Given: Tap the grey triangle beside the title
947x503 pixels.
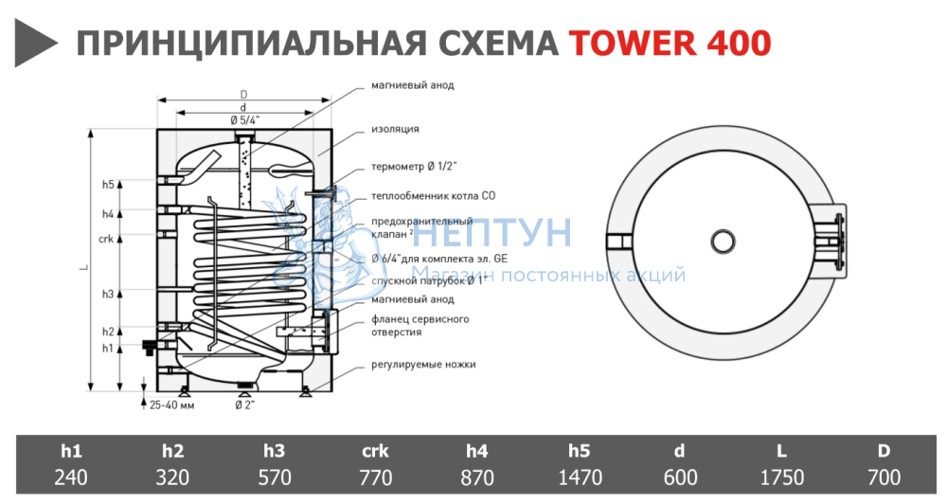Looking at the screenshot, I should [x=34, y=43].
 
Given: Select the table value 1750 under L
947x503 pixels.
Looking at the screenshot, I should [x=781, y=477].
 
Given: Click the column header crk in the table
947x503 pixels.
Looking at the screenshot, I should [x=376, y=452].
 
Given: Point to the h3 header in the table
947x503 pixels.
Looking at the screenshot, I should [x=275, y=452].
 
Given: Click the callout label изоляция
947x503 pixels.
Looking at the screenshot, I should [x=394, y=128].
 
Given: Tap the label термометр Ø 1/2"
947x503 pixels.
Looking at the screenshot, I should [x=413, y=168].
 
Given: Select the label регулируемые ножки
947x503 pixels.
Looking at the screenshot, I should [x=423, y=364].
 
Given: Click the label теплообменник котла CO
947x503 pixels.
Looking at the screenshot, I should [x=434, y=196].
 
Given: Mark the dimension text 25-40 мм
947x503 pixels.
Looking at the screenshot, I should [x=172, y=405].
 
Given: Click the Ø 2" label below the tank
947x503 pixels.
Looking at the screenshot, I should [x=245, y=405].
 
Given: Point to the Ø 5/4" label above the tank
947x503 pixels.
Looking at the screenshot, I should [x=244, y=118].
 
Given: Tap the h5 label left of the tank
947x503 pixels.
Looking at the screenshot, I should [x=108, y=184].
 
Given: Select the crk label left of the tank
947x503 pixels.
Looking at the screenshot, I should [x=106, y=239].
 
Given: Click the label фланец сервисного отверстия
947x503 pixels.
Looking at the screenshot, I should [x=420, y=326].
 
